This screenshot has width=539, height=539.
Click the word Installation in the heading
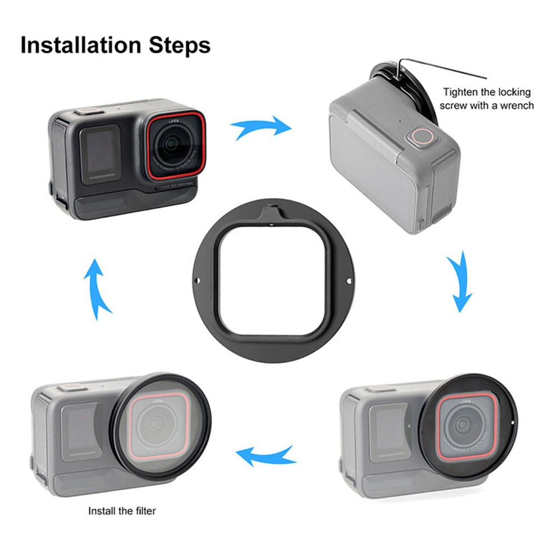click(x=81, y=45)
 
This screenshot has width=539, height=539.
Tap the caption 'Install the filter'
click(x=122, y=511)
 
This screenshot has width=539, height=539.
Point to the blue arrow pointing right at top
click(x=262, y=128)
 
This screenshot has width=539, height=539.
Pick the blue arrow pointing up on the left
click(x=99, y=287)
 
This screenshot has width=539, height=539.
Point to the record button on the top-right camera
click(x=419, y=136)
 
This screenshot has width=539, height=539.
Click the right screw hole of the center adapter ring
click(x=349, y=281)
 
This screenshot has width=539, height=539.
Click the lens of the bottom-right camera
click(x=464, y=426)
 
